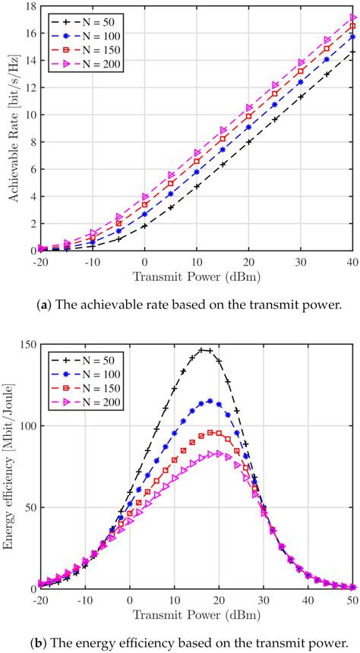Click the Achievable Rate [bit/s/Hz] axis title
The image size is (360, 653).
(9, 128)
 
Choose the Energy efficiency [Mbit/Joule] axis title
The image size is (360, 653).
(9, 466)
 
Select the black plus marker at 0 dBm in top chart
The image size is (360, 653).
(145, 226)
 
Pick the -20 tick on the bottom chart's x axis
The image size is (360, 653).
(38, 597)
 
